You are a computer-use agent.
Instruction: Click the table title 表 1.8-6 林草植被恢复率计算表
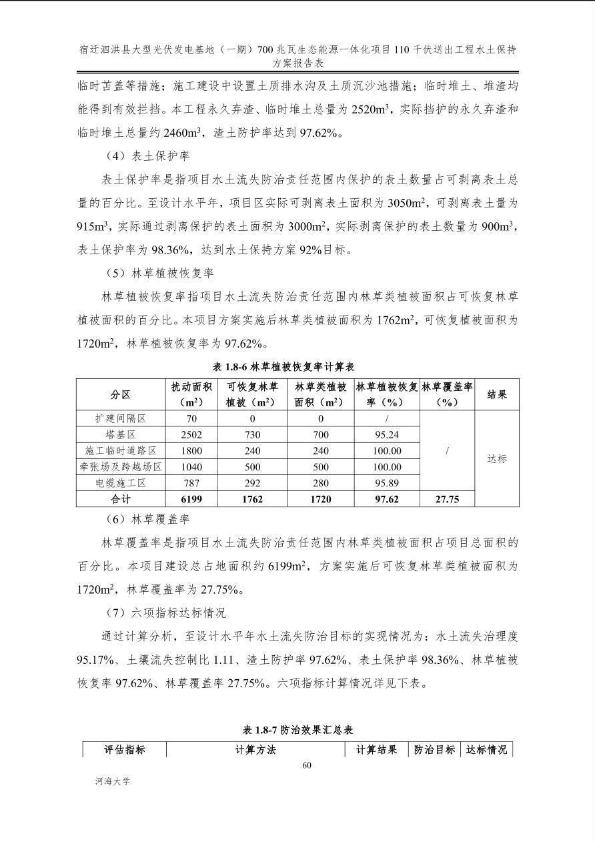point(283,366)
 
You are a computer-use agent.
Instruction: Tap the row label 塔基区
point(121,435)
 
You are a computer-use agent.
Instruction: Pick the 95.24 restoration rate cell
point(387,435)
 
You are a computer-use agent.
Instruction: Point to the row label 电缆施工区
point(121,483)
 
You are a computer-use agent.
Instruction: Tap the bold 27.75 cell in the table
point(447,499)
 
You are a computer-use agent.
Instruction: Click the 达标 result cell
point(497,459)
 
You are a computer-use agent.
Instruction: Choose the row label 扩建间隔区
point(121,419)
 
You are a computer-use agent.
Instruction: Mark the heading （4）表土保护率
point(147,156)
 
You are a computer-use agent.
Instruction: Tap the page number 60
point(307,765)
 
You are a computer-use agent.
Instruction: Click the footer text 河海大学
point(113,781)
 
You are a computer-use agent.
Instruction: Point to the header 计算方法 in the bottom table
point(255,750)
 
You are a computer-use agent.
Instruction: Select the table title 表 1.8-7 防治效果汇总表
point(297,730)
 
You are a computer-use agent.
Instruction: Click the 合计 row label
point(121,499)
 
